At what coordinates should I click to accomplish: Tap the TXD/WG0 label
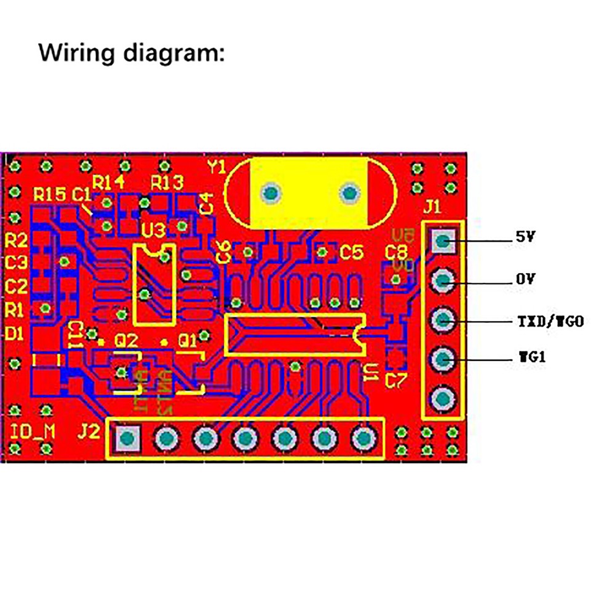549,321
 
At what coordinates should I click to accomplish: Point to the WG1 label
531,357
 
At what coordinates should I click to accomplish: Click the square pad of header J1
442,240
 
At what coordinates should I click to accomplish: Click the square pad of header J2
127,438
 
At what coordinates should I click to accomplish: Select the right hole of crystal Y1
349,194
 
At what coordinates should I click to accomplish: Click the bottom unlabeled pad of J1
442,400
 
